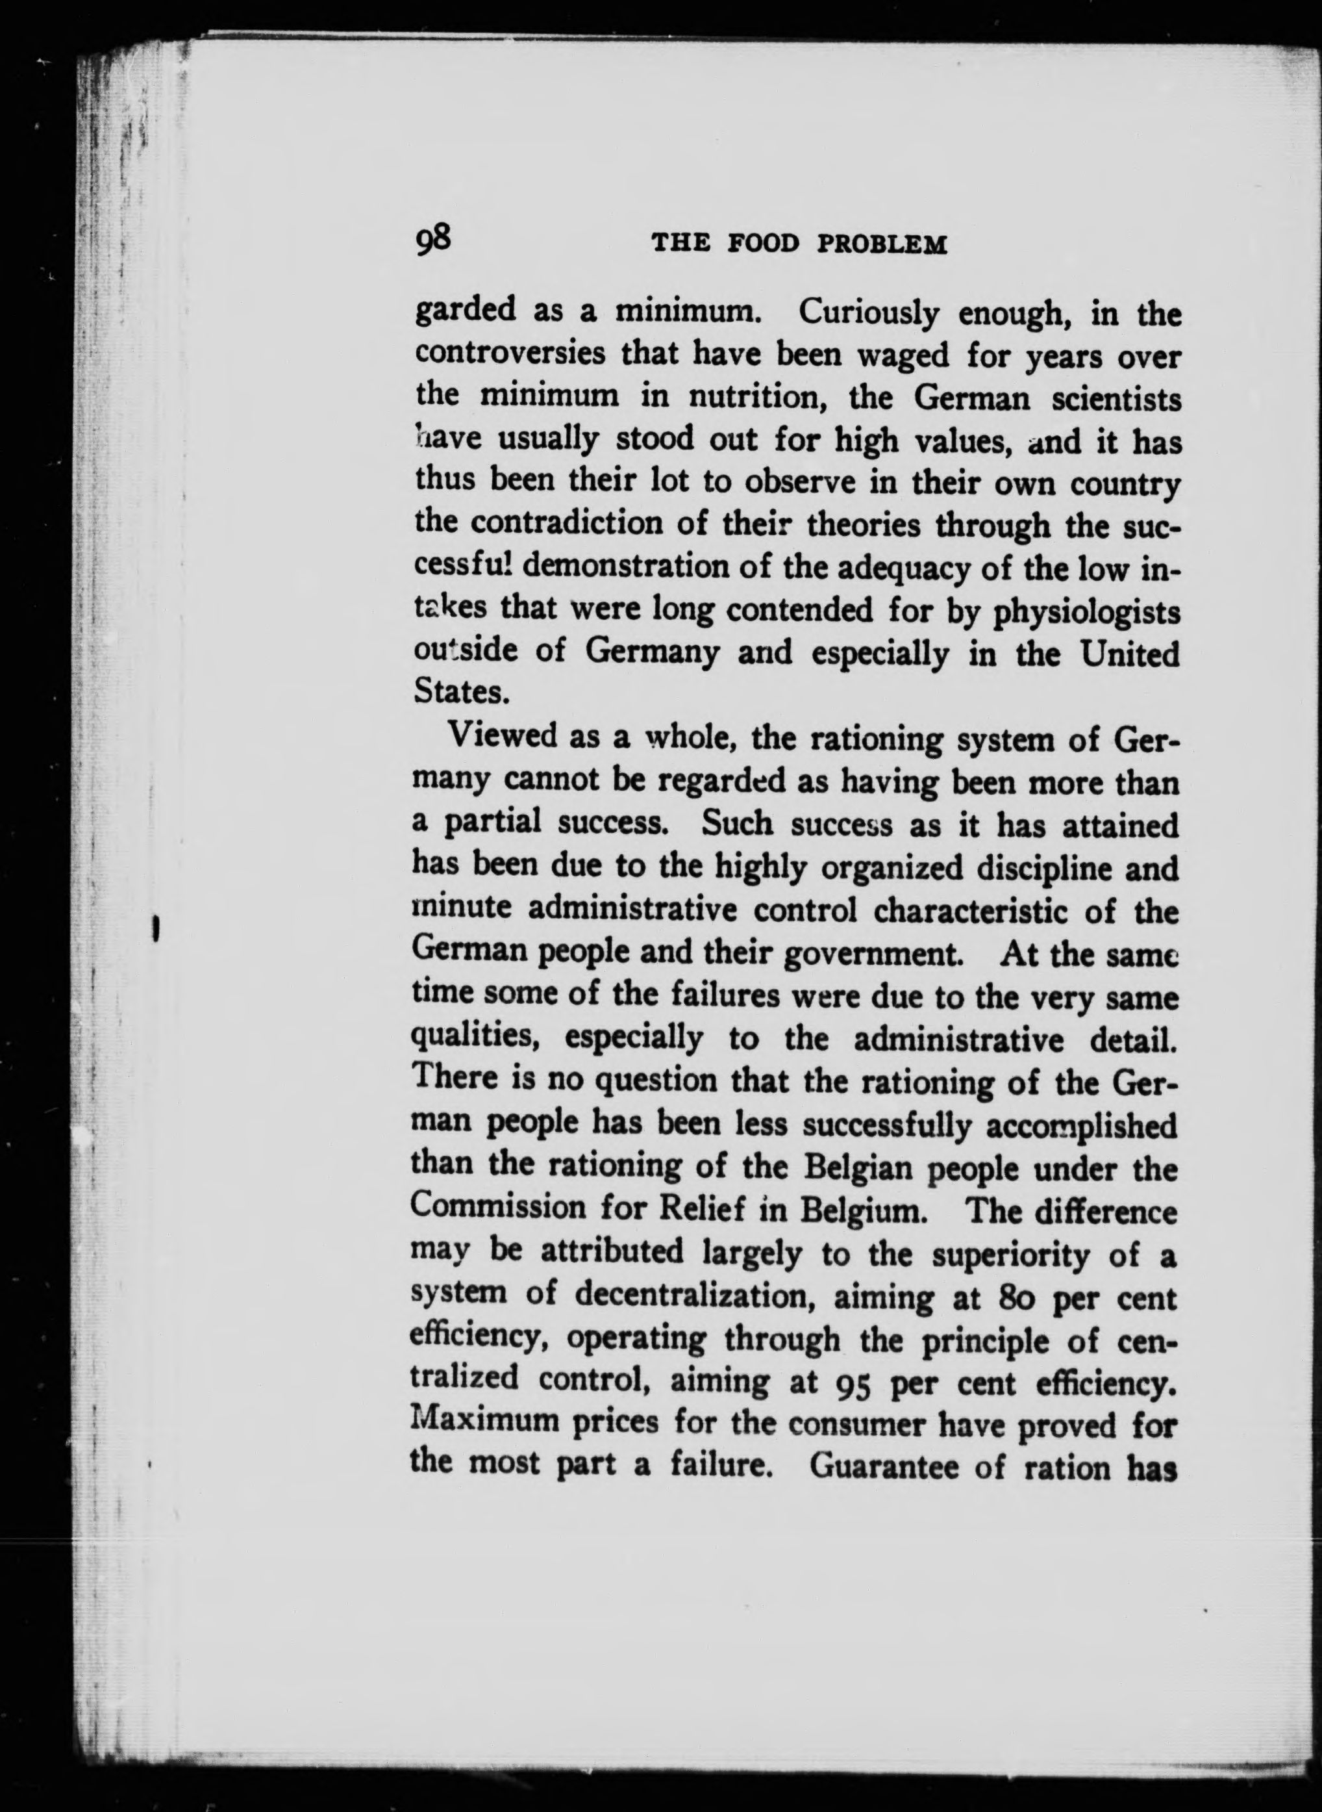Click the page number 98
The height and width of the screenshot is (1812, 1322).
pyautogui.click(x=434, y=239)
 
